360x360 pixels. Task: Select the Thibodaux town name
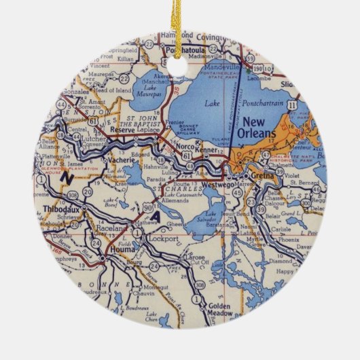[56, 209]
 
